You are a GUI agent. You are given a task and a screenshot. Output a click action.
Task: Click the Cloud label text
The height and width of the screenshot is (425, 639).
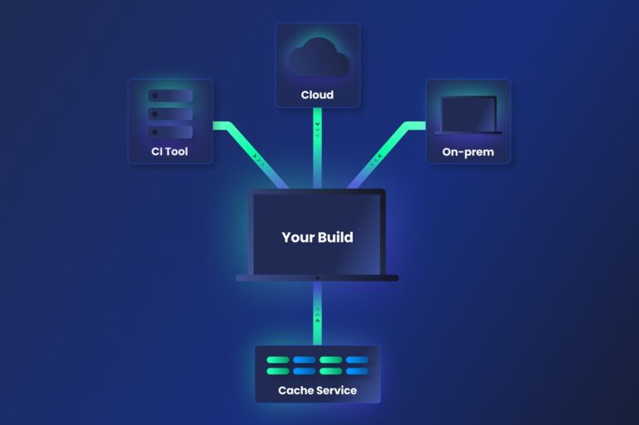point(317,95)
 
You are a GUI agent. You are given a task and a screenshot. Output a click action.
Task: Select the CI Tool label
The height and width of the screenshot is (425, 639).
point(170,152)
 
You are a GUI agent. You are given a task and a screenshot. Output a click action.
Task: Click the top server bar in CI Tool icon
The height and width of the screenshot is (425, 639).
point(170,96)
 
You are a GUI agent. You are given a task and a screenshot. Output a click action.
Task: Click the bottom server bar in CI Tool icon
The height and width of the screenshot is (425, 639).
point(170,131)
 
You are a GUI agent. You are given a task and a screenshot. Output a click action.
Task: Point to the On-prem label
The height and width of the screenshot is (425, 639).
point(468,152)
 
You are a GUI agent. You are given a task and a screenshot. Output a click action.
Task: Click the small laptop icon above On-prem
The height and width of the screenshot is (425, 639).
point(468,115)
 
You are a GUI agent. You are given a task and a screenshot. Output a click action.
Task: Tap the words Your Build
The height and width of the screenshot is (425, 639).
point(317,237)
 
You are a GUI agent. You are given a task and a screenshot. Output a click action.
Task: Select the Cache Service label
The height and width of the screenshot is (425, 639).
point(317,390)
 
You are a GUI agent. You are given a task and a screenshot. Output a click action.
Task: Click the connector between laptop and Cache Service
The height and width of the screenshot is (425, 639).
point(317,313)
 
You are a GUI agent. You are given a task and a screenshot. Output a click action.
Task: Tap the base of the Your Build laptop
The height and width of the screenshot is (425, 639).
point(317,278)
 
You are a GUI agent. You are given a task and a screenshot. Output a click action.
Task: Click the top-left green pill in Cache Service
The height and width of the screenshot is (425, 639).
point(277,361)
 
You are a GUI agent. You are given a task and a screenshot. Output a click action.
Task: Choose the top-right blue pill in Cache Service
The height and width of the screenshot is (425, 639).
point(357,361)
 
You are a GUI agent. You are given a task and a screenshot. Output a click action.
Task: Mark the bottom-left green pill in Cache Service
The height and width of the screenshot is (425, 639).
point(277,372)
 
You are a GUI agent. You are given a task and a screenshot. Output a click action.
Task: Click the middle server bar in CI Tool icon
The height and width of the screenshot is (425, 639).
point(170,114)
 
